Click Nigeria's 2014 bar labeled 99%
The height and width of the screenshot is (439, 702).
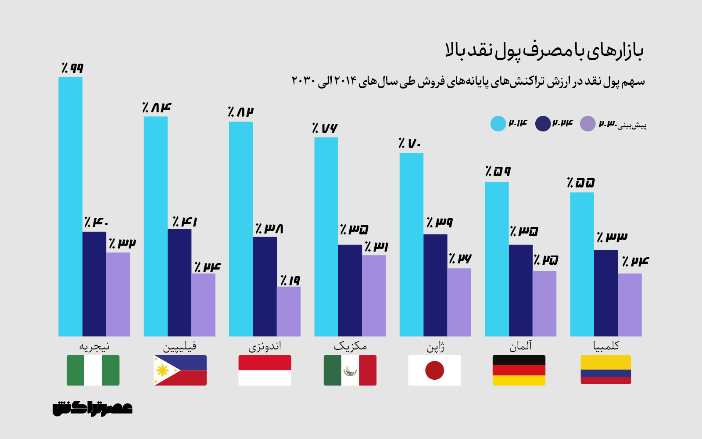click(x=70, y=206)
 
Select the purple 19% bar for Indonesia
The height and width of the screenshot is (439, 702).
click(x=288, y=311)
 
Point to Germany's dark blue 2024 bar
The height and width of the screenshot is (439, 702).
click(x=520, y=290)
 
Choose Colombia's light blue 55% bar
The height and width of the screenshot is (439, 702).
click(x=582, y=264)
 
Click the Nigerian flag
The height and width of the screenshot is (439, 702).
click(x=93, y=370)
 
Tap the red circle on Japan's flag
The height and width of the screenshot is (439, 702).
click(x=434, y=371)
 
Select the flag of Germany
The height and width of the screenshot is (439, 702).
click(x=519, y=370)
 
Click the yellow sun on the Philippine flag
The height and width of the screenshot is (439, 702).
click(x=162, y=371)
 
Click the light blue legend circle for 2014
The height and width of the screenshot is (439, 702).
click(x=498, y=124)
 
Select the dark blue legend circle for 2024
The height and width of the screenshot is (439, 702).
click(x=543, y=124)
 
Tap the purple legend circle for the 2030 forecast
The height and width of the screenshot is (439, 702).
click(x=587, y=124)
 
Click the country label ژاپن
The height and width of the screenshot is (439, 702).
click(x=435, y=346)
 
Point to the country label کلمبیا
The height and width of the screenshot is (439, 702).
click(x=606, y=346)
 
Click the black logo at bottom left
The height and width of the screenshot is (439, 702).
click(x=92, y=408)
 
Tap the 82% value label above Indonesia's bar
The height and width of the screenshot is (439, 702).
click(x=241, y=112)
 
